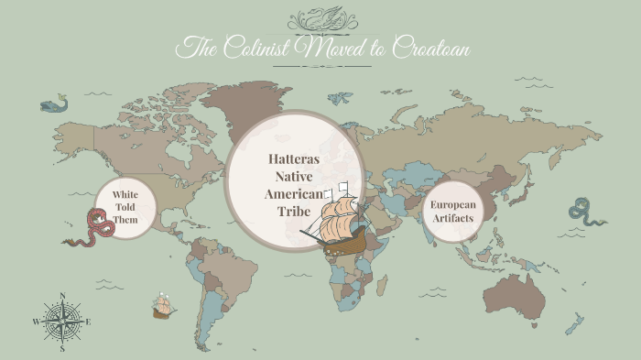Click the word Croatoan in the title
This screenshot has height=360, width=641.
pyautogui.click(x=430, y=48)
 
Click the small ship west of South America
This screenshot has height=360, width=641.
pyautogui.click(x=164, y=306)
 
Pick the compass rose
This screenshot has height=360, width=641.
pyautogui.click(x=62, y=322)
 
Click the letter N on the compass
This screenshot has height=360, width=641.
pyautogui.click(x=62, y=296)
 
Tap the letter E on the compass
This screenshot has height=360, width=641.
pyautogui.click(x=88, y=322)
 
